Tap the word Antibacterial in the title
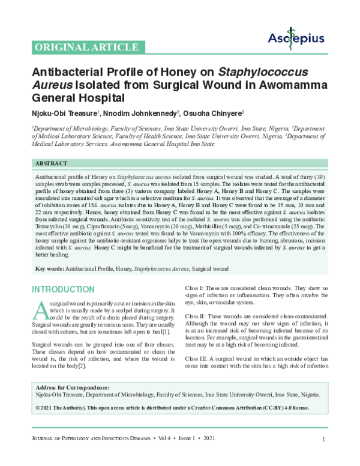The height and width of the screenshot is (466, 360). pos(66,71)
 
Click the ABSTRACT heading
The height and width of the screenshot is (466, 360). pos(52,163)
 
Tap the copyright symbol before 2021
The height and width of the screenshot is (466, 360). pos(39,424)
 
